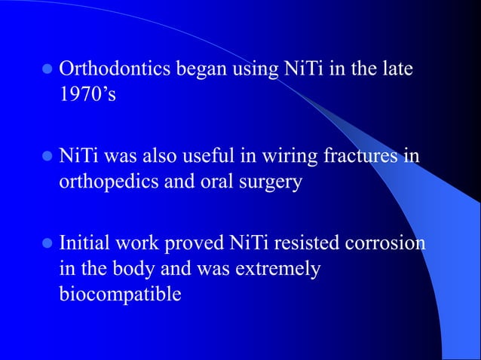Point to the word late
(398, 72)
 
